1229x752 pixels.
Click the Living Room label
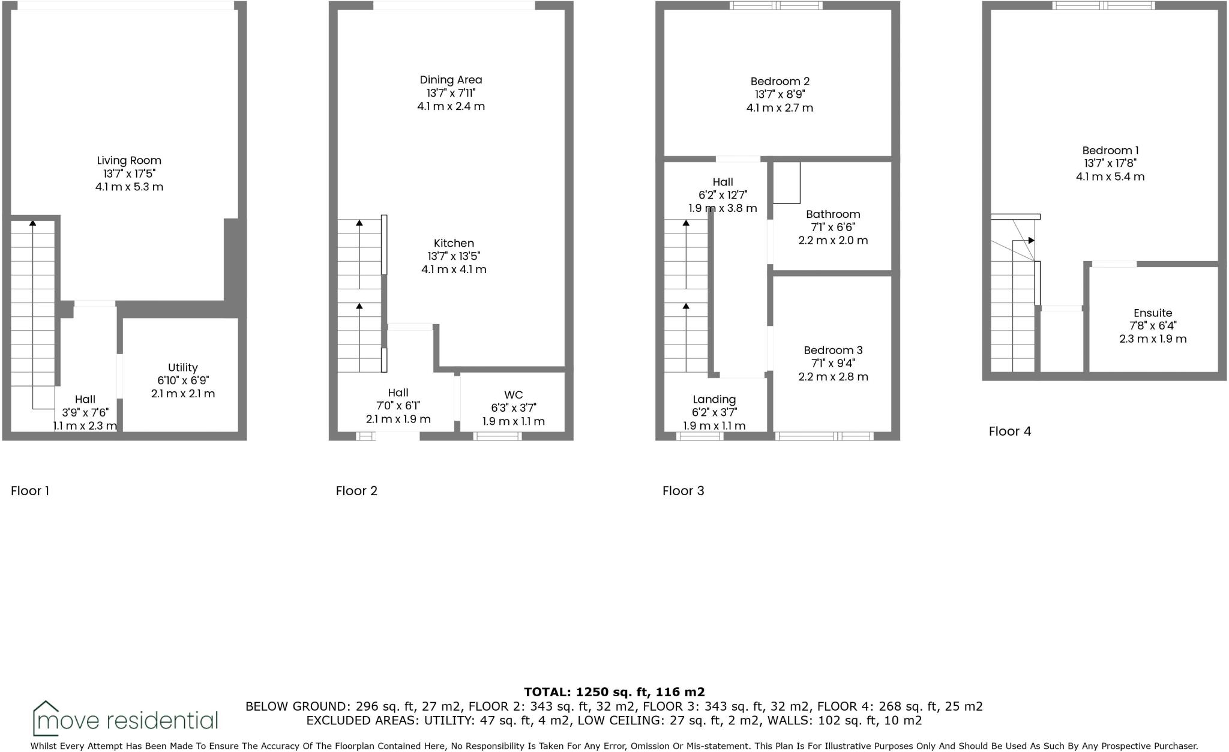[x=129, y=160]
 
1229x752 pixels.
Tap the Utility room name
[x=182, y=367]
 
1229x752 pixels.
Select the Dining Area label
[x=451, y=80]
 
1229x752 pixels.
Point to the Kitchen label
[x=454, y=243]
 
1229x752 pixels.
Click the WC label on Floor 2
[x=513, y=395]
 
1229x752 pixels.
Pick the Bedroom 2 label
[x=780, y=82]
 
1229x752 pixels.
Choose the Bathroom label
[x=832, y=214]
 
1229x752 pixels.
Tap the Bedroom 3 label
[x=833, y=350]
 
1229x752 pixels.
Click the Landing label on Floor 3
[x=714, y=400]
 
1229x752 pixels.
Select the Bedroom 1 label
[x=1110, y=151]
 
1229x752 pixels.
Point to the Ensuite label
[x=1153, y=313]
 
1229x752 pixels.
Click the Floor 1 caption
[x=30, y=491]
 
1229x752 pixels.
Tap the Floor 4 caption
[x=1010, y=432]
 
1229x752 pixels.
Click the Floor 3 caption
[x=683, y=491]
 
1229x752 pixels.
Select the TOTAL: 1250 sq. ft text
[x=614, y=692]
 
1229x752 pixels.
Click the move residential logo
[x=125, y=719]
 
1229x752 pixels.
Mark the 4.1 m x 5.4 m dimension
[x=1110, y=177]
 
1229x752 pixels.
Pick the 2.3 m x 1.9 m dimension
[x=1153, y=339]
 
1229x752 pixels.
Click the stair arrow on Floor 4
[x=1030, y=241]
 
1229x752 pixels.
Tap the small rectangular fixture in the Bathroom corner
[x=786, y=182]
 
